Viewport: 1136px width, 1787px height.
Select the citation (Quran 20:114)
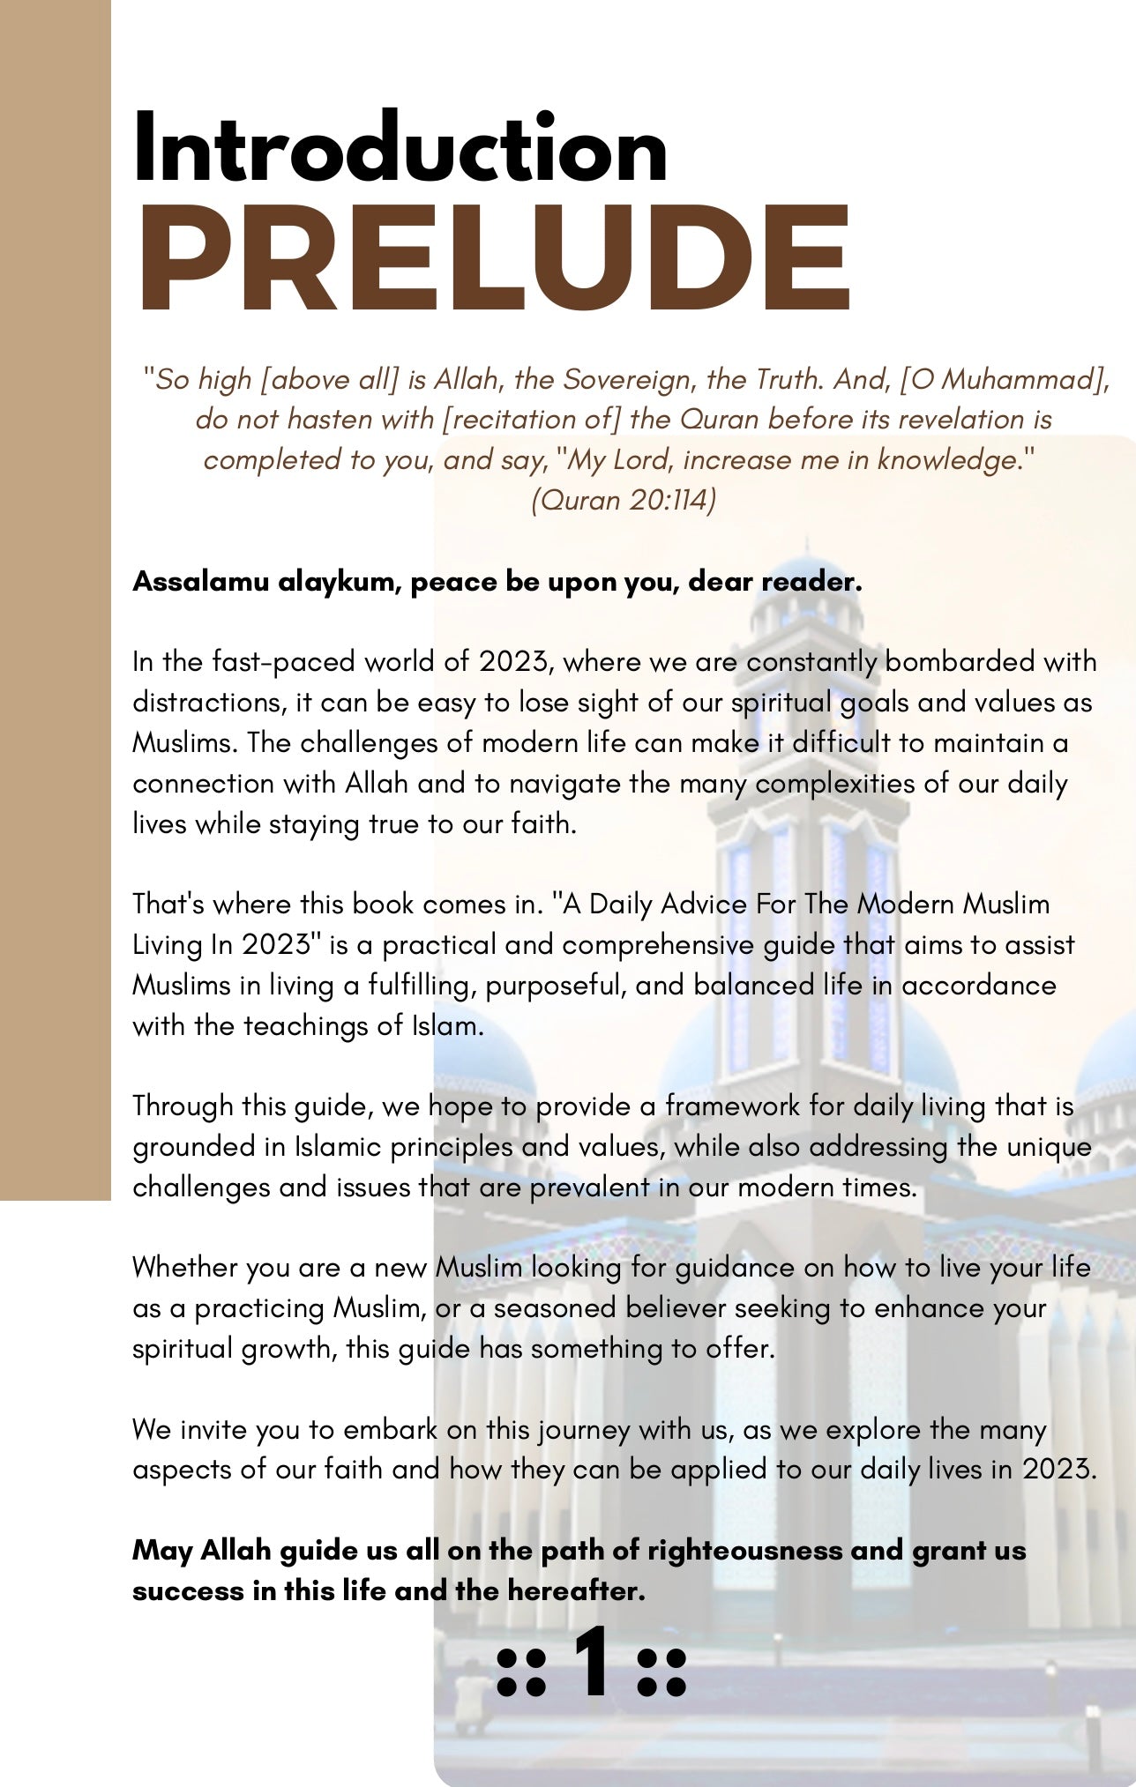(x=623, y=500)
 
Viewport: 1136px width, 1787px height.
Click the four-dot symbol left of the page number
(x=520, y=1672)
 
